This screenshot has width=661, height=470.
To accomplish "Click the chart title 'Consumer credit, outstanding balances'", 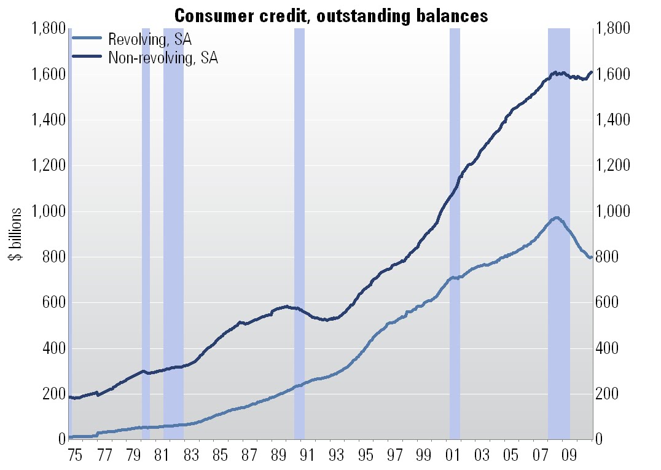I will [331, 15].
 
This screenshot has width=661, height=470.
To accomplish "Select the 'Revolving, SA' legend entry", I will [150, 41].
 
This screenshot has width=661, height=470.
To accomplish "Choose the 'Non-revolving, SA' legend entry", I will [163, 58].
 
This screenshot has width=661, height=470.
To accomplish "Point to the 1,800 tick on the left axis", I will [47, 29].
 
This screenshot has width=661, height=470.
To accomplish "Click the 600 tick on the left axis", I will [54, 303].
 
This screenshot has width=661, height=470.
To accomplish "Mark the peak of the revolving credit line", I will [557, 217].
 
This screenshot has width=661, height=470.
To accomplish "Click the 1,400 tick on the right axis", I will [614, 120].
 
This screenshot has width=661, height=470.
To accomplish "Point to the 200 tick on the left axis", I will [54, 394].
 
